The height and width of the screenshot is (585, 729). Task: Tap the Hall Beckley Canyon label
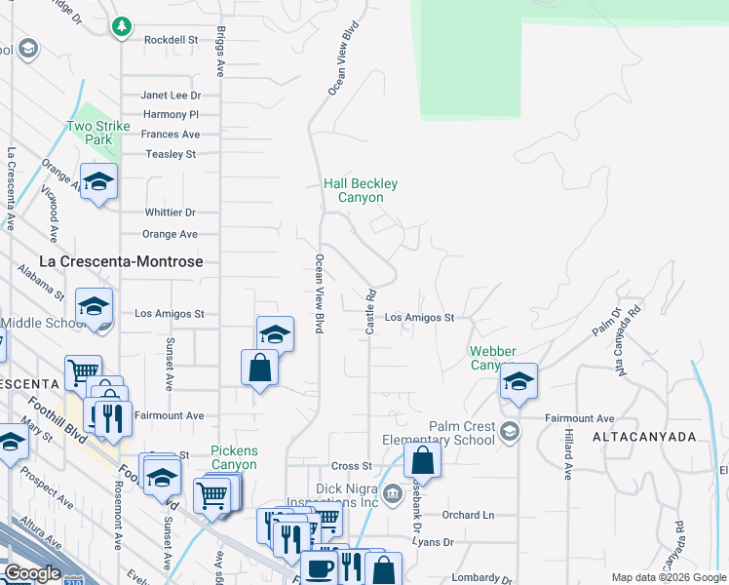pos(361,190)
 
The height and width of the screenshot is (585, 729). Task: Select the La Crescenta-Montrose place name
pos(121,261)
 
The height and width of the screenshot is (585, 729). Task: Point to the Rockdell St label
pos(171,40)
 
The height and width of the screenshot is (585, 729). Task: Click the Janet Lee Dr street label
pos(171,96)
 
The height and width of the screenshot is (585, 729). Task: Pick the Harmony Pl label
pos(177,115)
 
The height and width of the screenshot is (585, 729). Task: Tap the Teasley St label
pos(171,154)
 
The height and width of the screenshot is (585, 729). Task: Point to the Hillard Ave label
pos(569,456)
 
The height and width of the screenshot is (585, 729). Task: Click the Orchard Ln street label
pos(468,515)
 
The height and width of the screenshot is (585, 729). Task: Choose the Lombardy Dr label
pos(481,578)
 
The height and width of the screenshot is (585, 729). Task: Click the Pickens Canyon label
pos(234,457)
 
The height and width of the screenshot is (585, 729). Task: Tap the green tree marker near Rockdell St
pos(122,26)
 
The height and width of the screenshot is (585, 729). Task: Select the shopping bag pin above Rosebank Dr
pos(423,458)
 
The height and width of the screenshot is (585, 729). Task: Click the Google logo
pos(32,573)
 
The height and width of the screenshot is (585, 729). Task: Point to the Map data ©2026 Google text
pos(668,578)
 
